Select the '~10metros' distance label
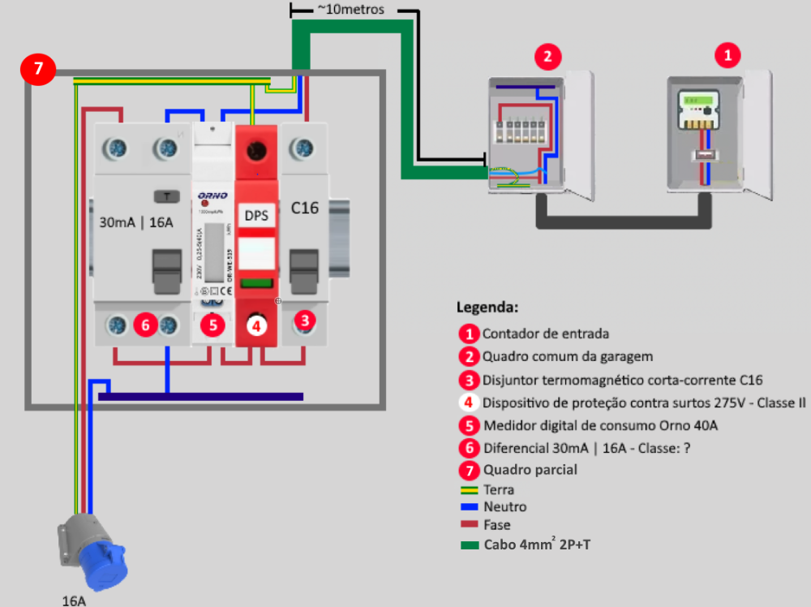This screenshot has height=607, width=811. [x=351, y=11]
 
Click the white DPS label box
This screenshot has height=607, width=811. [x=256, y=216]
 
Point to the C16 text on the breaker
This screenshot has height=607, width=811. [x=304, y=209]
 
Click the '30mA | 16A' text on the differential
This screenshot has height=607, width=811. [x=136, y=222]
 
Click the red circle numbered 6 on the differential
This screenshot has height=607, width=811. [x=145, y=325]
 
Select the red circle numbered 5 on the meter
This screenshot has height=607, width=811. [x=212, y=325]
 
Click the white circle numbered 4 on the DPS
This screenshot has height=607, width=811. [x=256, y=326]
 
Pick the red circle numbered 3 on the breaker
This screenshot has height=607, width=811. [x=304, y=320]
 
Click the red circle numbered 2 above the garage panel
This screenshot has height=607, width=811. [x=548, y=57]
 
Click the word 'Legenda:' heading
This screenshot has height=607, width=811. [x=487, y=308]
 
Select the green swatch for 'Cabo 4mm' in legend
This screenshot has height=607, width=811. [x=469, y=545]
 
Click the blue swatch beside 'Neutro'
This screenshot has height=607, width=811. [x=469, y=507]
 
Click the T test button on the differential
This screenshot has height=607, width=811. [x=166, y=196]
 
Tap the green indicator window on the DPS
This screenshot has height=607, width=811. [x=256, y=283]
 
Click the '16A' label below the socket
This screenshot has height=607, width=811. [x=74, y=601]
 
